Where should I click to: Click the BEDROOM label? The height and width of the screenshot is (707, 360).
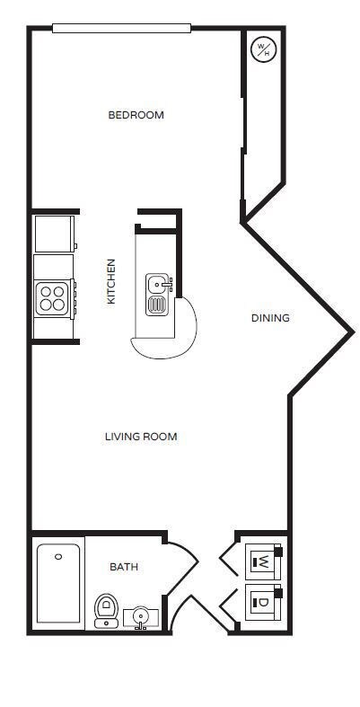pyautogui.click(x=136, y=115)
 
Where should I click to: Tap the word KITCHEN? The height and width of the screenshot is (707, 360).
pyautogui.click(x=111, y=281)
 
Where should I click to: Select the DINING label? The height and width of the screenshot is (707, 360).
pyautogui.click(x=269, y=318)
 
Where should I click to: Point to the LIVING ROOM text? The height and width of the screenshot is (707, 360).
pyautogui.click(x=141, y=437)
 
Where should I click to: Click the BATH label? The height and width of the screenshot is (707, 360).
pyautogui.click(x=124, y=567)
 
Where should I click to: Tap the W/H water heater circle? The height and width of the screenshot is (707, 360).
pyautogui.click(x=264, y=49)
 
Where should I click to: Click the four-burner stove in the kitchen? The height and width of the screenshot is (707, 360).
pyautogui.click(x=53, y=297)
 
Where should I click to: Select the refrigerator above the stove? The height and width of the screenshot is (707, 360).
pyautogui.click(x=53, y=234)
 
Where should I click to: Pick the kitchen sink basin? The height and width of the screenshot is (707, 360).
pyautogui.click(x=158, y=285)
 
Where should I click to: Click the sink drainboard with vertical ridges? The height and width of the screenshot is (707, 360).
pyautogui.click(x=157, y=305)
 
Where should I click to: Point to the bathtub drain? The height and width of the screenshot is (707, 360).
pyautogui.click(x=58, y=557)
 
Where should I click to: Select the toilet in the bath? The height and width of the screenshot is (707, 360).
pyautogui.click(x=106, y=610)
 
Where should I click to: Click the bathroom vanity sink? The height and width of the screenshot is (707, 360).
pyautogui.click(x=140, y=617)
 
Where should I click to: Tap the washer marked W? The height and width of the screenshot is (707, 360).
pyautogui.click(x=263, y=562)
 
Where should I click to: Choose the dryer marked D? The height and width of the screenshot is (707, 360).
pyautogui.click(x=263, y=602)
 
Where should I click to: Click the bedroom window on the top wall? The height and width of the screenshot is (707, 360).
pyautogui.click(x=121, y=28)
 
